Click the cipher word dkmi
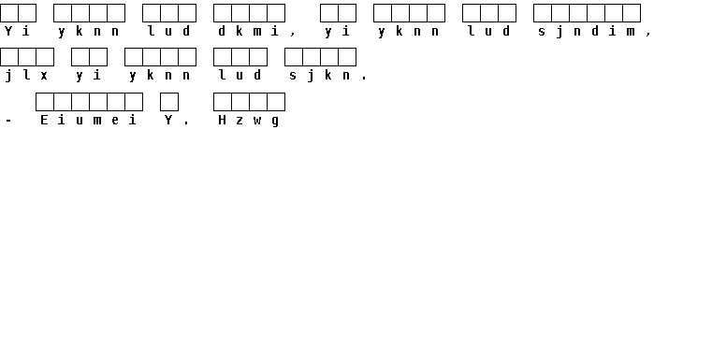248,31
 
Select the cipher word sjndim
587,32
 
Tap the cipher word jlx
26,76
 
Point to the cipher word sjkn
320,76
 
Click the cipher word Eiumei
89,120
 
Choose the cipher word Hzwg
248,121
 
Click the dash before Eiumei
8,121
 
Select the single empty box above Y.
169,102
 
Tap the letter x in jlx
44,76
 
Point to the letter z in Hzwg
240,121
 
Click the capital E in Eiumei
44,120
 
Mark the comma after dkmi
293,34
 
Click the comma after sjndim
648,34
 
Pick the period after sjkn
364,79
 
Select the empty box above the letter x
45,57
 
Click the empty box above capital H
223,102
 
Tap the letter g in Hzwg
275,122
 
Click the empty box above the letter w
258,102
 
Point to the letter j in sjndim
559,32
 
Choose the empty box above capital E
45,102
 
